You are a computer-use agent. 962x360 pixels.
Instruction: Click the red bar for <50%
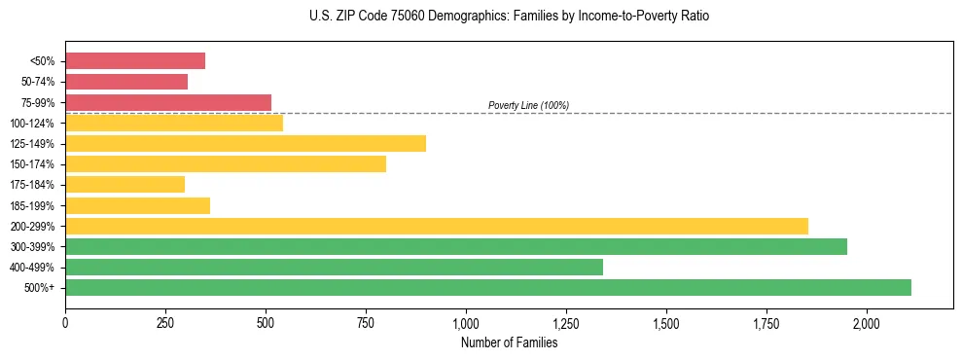point(135,61)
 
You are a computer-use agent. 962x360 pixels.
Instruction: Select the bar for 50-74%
point(126,82)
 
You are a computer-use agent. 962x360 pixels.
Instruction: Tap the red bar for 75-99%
point(168,102)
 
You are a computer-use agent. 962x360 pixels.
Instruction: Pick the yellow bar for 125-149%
point(245,144)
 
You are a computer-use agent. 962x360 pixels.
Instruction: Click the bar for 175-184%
point(125,185)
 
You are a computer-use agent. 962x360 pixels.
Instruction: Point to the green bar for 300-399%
point(456,246)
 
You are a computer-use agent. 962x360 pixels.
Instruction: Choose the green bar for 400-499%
point(334,267)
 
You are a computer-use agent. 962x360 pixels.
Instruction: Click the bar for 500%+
point(488,287)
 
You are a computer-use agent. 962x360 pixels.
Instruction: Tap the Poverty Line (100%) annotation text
point(528,105)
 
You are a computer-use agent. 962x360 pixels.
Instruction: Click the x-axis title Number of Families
point(509,342)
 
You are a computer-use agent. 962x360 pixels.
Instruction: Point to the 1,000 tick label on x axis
point(466,323)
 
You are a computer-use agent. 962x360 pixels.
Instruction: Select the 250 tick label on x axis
point(165,323)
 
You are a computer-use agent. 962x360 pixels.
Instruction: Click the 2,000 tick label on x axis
point(867,323)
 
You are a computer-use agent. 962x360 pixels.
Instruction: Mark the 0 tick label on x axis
point(65,323)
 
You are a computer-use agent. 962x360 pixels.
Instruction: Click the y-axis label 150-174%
point(32,164)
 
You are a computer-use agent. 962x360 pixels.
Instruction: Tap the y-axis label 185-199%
point(32,205)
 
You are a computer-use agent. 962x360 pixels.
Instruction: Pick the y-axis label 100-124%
point(32,124)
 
